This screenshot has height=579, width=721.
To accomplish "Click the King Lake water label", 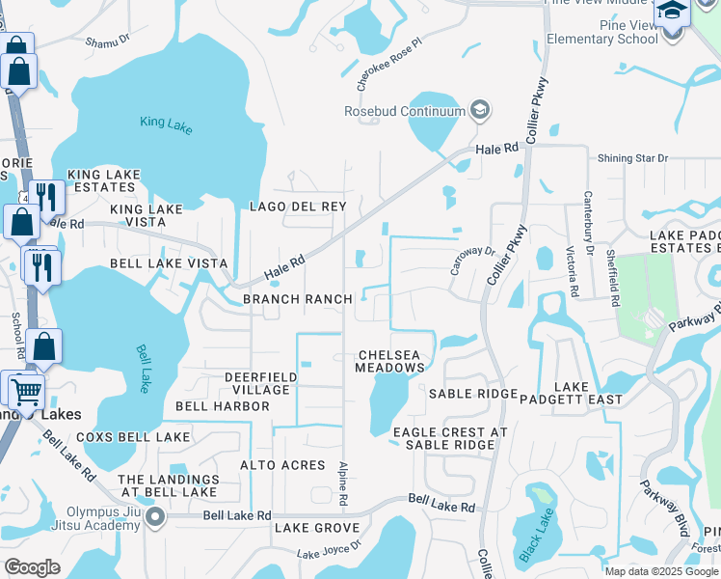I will click(x=166, y=123).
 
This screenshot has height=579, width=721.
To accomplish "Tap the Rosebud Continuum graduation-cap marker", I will click(x=478, y=111).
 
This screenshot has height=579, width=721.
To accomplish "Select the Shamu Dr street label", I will click(x=107, y=41).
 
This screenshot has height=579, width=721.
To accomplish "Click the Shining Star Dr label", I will click(x=632, y=158).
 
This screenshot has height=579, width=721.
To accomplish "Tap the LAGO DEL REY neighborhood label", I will click(x=298, y=207).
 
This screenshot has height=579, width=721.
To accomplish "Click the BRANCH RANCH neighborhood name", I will click(x=297, y=299).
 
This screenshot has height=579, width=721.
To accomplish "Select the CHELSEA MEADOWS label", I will click(x=389, y=361).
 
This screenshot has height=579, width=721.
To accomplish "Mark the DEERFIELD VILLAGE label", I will click(x=257, y=383).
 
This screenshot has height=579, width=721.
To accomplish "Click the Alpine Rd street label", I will click(x=342, y=483).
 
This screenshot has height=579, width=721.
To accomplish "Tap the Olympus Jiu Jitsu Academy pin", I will click(x=155, y=519).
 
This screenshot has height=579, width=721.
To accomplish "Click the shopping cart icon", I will click(x=27, y=392).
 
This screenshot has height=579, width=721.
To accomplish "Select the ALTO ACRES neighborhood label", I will click(x=282, y=465).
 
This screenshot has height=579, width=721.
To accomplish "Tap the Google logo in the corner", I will click(x=33, y=566).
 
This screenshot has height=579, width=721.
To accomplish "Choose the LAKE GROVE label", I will click(x=317, y=528).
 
